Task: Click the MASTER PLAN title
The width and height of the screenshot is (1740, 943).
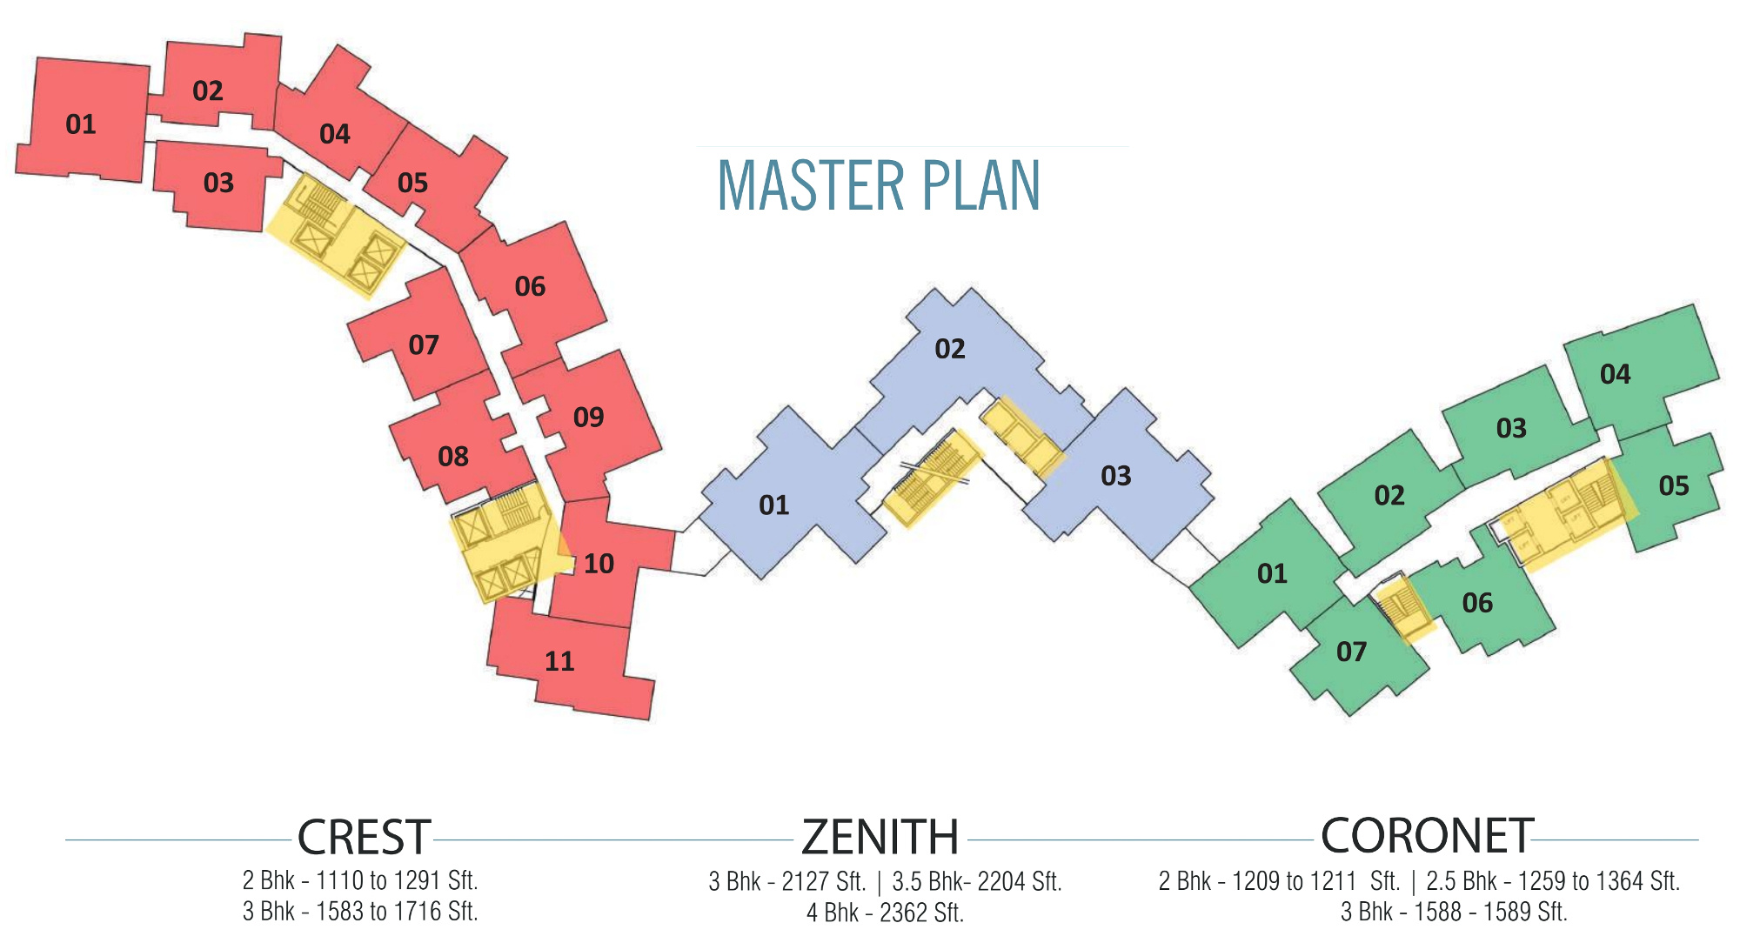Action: (x=879, y=185)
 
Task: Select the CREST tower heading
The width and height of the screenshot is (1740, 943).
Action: (x=364, y=837)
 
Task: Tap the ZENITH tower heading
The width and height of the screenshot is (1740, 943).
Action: (x=880, y=837)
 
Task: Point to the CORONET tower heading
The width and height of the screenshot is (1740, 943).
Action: (x=1427, y=836)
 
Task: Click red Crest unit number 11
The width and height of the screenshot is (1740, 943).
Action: (x=559, y=662)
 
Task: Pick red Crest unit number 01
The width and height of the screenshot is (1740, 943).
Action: (x=81, y=124)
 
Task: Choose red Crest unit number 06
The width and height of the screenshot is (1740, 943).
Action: (x=530, y=286)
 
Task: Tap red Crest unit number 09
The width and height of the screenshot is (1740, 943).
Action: (x=588, y=418)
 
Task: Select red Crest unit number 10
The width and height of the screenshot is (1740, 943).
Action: (x=599, y=564)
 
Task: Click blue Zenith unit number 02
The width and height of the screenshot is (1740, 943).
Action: (x=950, y=349)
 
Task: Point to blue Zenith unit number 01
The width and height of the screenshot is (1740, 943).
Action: (x=773, y=505)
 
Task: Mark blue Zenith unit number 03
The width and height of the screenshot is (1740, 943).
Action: (x=1115, y=476)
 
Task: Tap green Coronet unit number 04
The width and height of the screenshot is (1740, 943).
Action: (x=1615, y=374)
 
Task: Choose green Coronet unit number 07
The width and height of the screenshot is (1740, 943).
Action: (x=1351, y=652)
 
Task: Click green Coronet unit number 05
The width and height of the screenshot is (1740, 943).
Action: (x=1674, y=485)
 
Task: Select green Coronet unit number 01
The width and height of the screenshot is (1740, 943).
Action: (x=1272, y=573)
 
